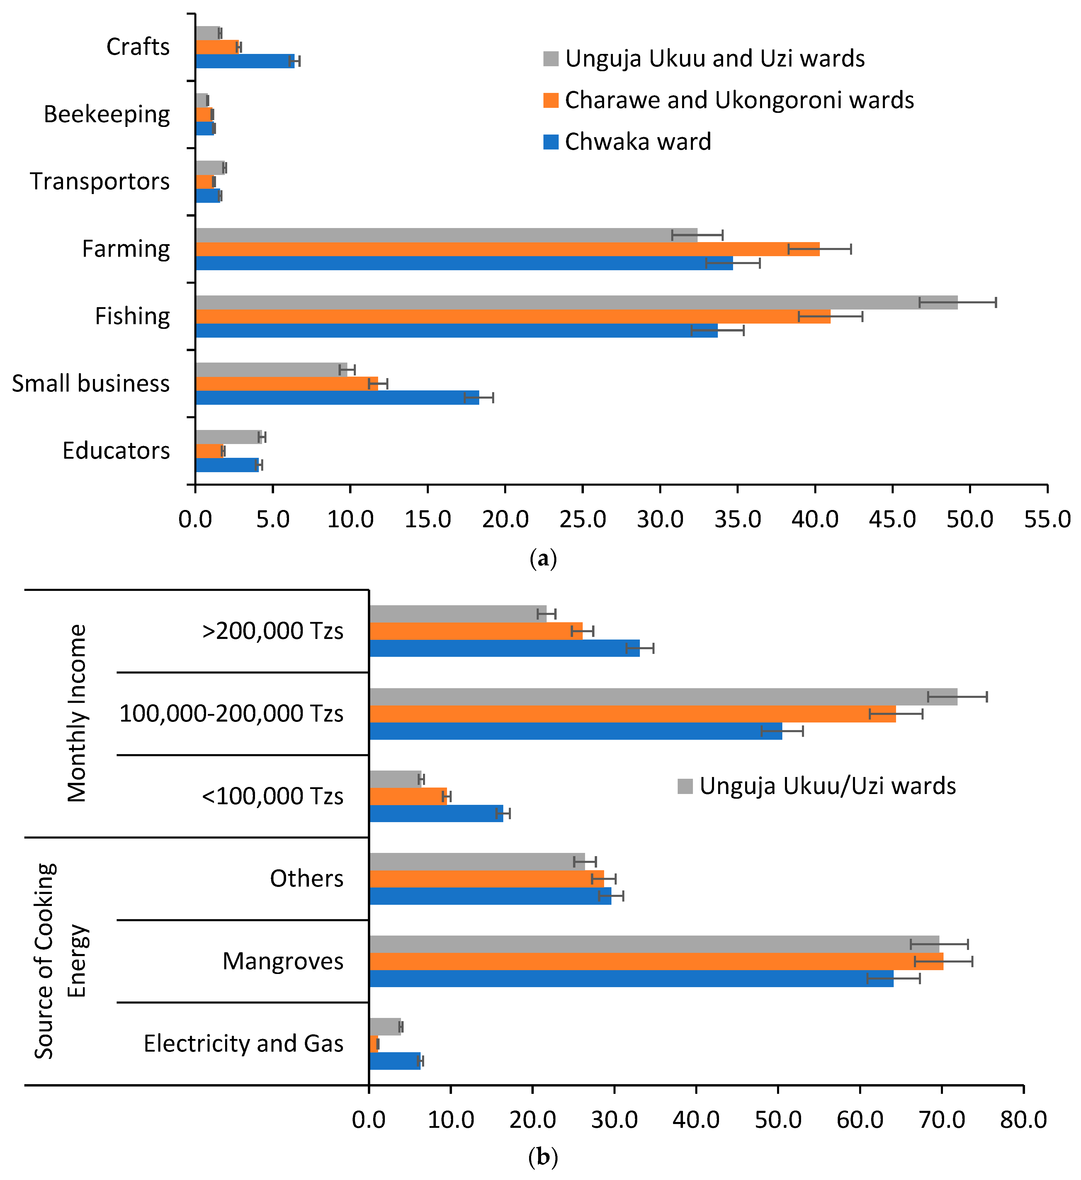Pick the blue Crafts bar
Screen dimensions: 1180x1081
245,61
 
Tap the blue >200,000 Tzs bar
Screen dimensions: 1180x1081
504,648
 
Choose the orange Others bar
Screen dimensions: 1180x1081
486,879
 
